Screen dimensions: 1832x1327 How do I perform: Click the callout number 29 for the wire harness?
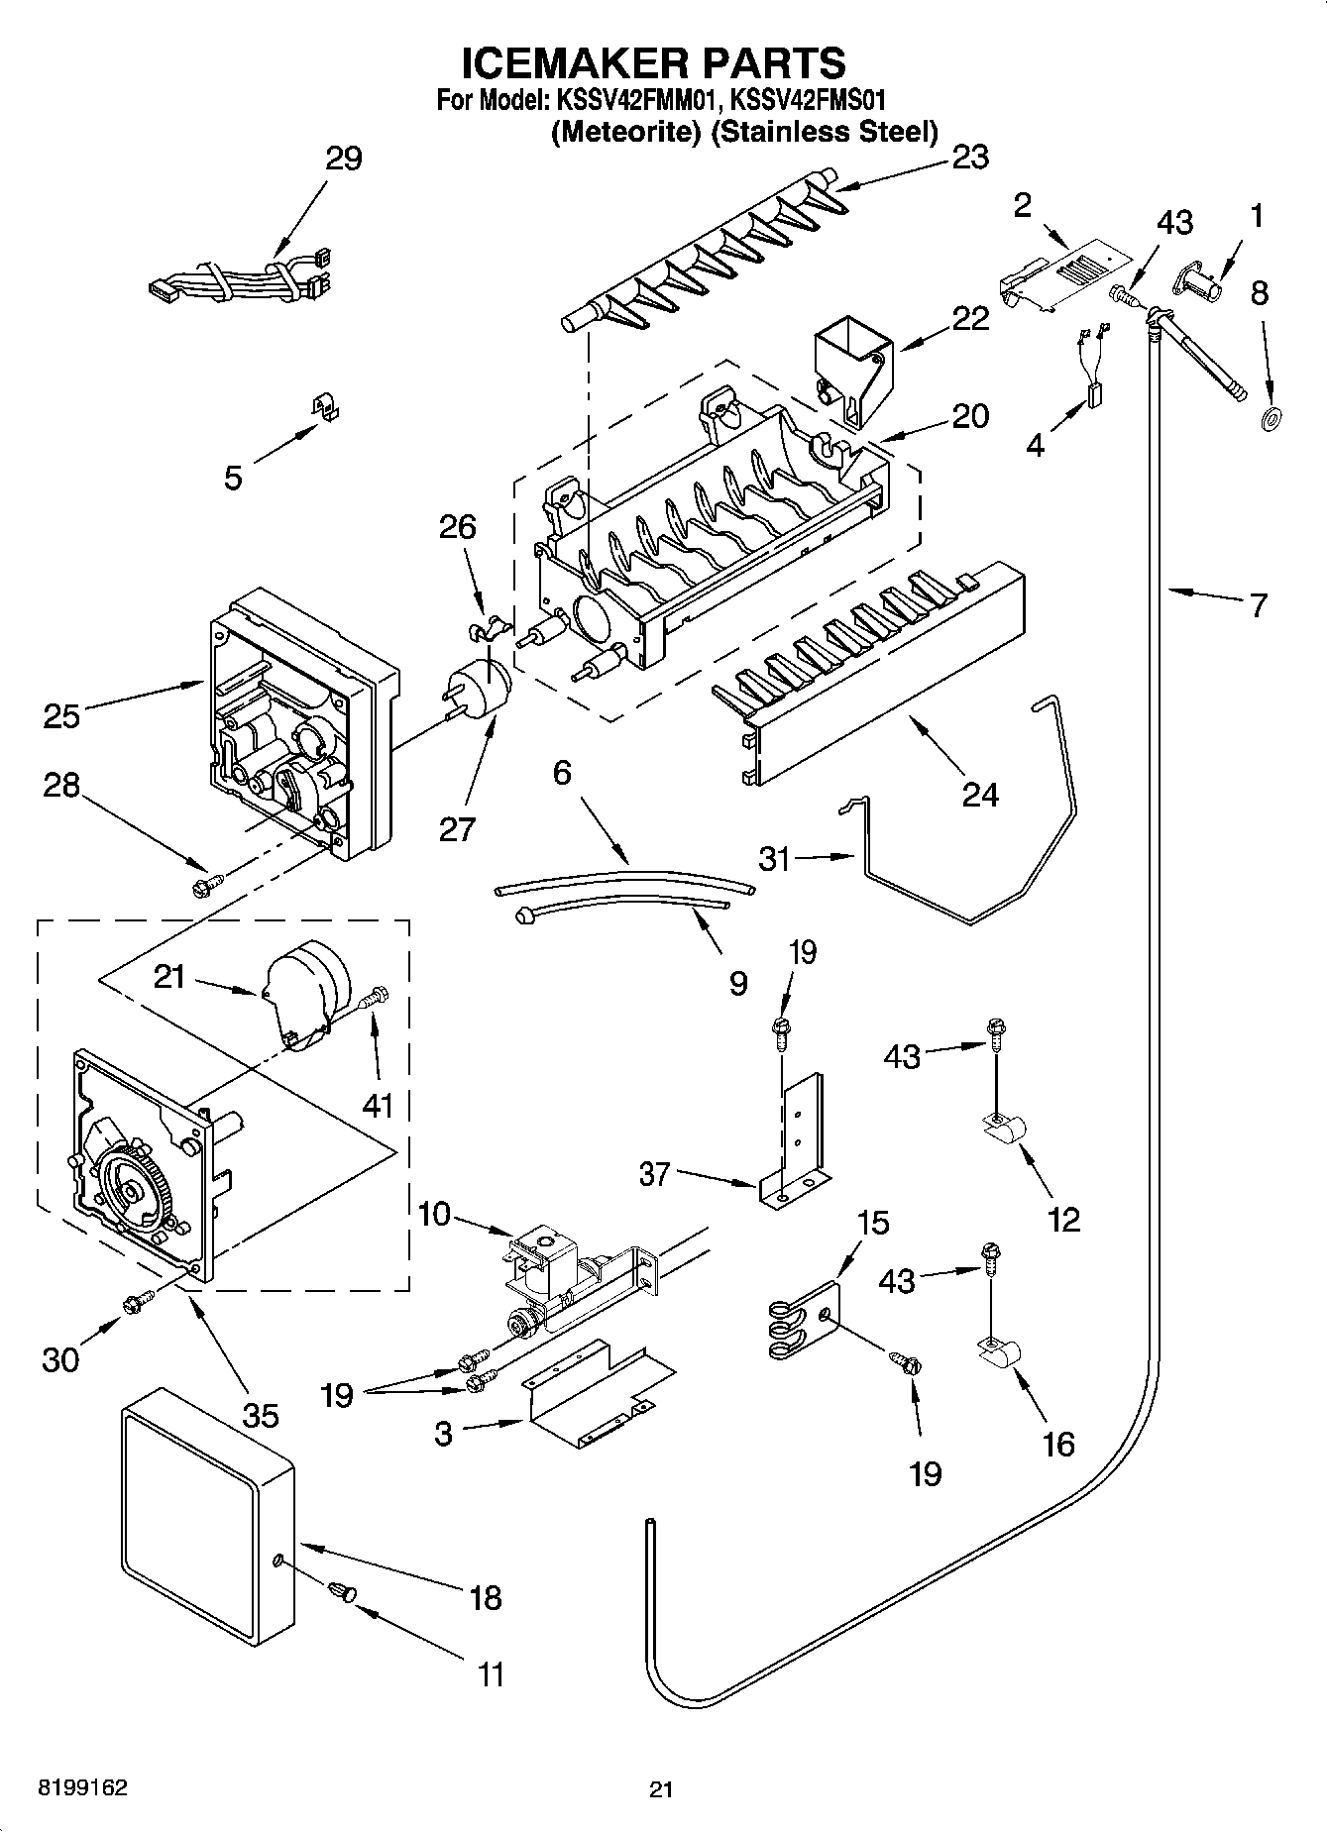(344, 159)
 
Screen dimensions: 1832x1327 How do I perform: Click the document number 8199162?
(82, 1788)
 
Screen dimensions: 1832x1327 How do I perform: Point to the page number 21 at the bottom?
(661, 1789)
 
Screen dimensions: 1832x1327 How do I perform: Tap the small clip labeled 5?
(322, 407)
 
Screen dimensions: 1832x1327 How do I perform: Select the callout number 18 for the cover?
(487, 1597)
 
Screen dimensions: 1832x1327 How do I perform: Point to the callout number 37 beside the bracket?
(655, 1175)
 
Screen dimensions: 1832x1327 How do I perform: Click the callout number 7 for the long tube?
(1259, 604)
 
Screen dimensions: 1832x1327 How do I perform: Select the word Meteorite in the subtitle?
(622, 132)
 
